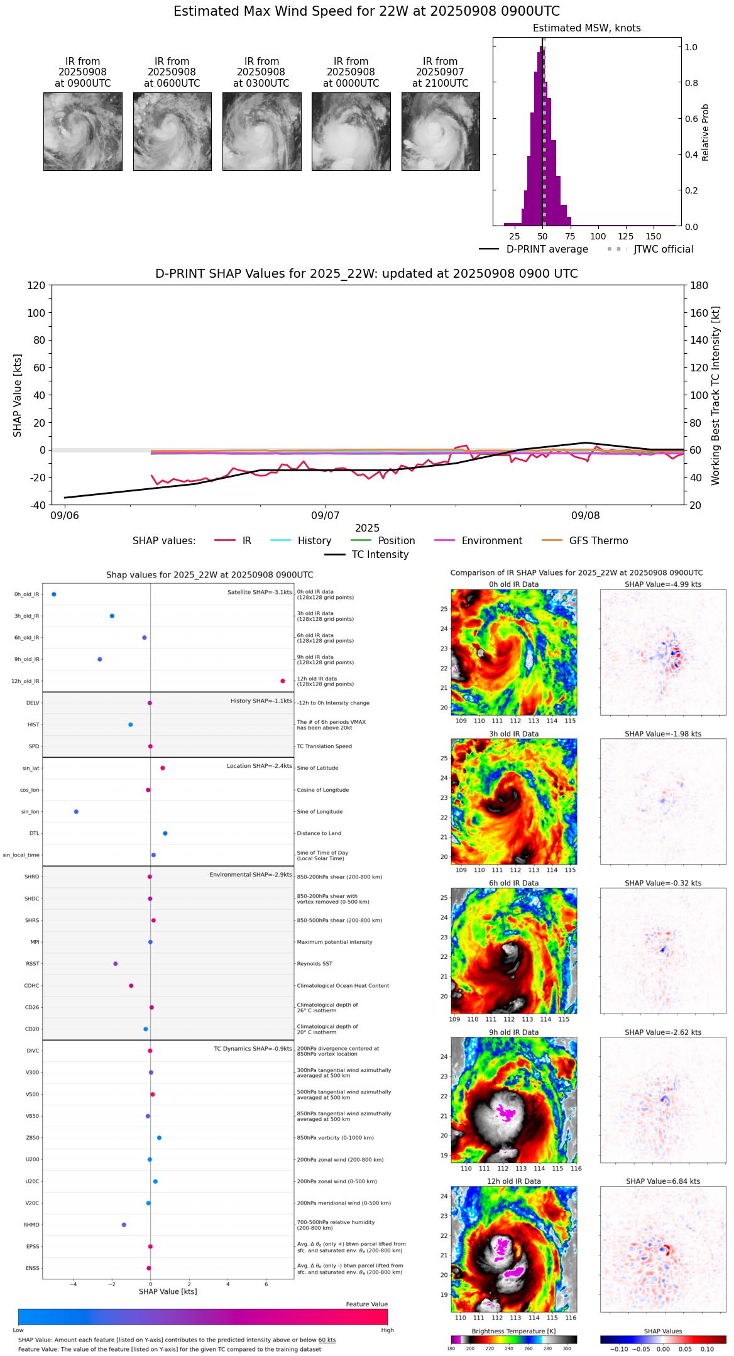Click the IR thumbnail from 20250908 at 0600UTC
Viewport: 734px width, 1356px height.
(x=172, y=131)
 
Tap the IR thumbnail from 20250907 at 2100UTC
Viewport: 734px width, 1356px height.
(x=441, y=131)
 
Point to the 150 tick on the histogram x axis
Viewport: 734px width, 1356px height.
(x=654, y=236)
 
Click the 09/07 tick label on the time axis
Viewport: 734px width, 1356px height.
(x=325, y=516)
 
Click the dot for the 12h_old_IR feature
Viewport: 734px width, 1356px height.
(x=283, y=681)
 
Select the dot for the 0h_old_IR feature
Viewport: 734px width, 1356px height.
(x=54, y=594)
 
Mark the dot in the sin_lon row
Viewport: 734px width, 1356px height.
(x=76, y=812)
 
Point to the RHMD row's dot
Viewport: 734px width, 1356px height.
(x=124, y=1225)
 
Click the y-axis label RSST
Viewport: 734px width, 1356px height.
(x=33, y=964)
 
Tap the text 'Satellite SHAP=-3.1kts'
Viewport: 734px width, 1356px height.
(x=260, y=593)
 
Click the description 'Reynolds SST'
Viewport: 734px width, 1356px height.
(x=314, y=964)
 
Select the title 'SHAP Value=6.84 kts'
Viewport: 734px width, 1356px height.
(x=663, y=1181)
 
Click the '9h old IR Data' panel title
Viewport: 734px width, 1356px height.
(x=513, y=1032)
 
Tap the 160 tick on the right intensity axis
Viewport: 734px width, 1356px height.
(x=700, y=313)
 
